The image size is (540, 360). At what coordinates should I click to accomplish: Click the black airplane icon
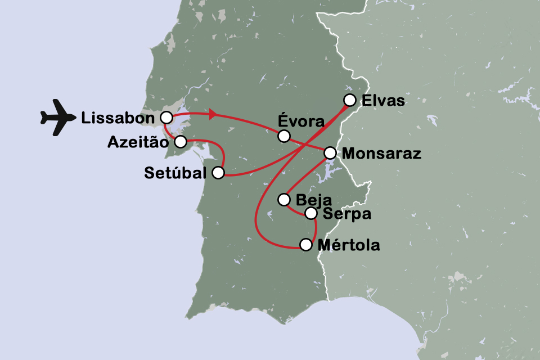[58, 118]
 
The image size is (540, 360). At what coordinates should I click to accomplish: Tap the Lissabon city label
[118, 118]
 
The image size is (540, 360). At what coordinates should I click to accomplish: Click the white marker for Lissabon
[166, 117]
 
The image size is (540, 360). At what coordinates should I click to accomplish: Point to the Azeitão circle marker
[180, 142]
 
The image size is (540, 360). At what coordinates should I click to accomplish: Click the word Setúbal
[175, 173]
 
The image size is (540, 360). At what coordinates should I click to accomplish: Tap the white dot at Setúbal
[218, 173]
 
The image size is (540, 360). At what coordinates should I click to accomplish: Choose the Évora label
[301, 121]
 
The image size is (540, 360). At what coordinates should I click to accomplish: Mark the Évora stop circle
[284, 136]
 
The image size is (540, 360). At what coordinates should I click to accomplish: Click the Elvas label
[385, 101]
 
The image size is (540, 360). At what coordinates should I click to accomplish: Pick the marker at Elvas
[350, 100]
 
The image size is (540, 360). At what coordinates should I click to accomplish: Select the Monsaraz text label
[381, 154]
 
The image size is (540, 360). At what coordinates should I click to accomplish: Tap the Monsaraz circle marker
[330, 153]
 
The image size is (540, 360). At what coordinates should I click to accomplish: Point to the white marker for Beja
[284, 200]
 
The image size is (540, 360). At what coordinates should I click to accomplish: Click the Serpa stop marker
[311, 213]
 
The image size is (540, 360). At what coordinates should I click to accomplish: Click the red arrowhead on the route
[214, 115]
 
